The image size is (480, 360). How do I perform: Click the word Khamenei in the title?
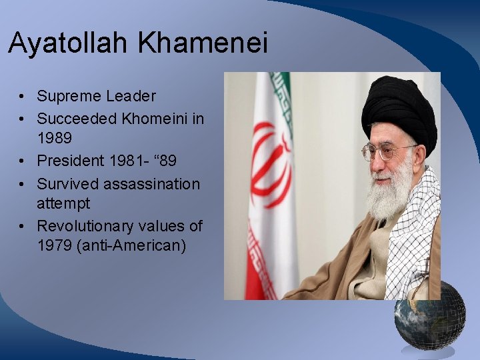click(x=203, y=44)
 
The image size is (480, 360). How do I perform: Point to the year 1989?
click(x=55, y=139)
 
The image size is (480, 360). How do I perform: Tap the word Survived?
click(x=66, y=183)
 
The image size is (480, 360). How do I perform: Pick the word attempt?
click(x=63, y=203)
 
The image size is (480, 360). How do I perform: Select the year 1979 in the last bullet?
click(x=55, y=245)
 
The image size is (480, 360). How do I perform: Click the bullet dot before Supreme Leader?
click(x=23, y=97)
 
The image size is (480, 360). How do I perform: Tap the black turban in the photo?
click(x=398, y=110)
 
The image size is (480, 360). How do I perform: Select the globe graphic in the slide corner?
click(x=429, y=316)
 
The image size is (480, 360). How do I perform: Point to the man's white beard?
click(x=392, y=190)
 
